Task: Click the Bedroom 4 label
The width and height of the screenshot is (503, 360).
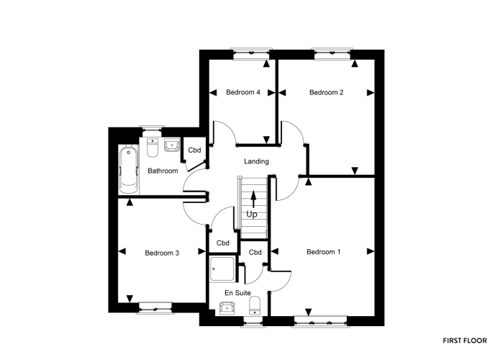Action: pyautogui.click(x=243, y=92)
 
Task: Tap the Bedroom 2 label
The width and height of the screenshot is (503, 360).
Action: pyautogui.click(x=326, y=92)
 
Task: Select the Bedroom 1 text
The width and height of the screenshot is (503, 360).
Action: pyautogui.click(x=323, y=252)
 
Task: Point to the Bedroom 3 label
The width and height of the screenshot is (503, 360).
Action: pyautogui.click(x=162, y=253)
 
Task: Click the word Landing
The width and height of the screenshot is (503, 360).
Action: pyautogui.click(x=256, y=161)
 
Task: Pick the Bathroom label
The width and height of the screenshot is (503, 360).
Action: pyautogui.click(x=163, y=171)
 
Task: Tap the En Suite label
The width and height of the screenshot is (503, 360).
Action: pyautogui.click(x=237, y=293)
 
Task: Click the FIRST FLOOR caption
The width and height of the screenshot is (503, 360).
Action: pyautogui.click(x=465, y=341)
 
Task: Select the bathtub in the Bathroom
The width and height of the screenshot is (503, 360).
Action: pyautogui.click(x=129, y=169)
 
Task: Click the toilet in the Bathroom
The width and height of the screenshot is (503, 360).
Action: pyautogui.click(x=153, y=148)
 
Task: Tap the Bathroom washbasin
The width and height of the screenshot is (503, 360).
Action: pyautogui.click(x=172, y=145)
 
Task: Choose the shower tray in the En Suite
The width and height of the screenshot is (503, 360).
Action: pyautogui.click(x=223, y=269)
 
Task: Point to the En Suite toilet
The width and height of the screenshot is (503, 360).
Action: pyautogui.click(x=255, y=306)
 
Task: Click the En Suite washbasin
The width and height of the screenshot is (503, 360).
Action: pyautogui.click(x=227, y=308)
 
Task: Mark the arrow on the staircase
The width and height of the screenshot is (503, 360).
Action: pyautogui.click(x=253, y=199)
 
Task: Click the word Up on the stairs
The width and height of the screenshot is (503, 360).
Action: pyautogui.click(x=252, y=215)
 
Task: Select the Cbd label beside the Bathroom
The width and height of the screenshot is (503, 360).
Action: pyautogui.click(x=194, y=150)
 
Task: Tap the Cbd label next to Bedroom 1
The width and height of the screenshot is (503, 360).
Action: pyautogui.click(x=255, y=253)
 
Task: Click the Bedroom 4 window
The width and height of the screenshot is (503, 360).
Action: pyautogui.click(x=252, y=54)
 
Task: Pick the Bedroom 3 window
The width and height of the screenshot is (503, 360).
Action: pyautogui.click(x=155, y=308)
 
